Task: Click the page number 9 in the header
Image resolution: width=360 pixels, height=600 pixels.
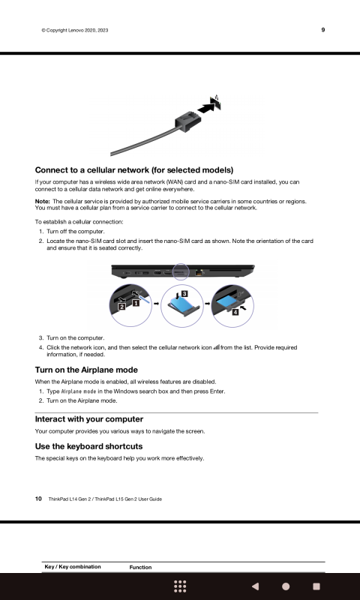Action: click(x=323, y=30)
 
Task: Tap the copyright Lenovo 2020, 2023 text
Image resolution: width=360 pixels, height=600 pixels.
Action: click(x=75, y=30)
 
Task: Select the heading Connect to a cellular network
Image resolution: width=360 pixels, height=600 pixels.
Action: click(x=134, y=170)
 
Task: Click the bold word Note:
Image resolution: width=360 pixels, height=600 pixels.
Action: click(x=43, y=201)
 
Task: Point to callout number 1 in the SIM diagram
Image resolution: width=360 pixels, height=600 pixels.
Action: click(x=135, y=304)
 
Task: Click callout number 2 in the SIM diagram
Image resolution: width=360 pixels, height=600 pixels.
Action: click(x=121, y=306)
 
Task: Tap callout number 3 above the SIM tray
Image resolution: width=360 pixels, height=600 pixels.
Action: click(x=184, y=294)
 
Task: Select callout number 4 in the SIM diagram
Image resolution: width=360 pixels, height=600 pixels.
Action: click(x=235, y=312)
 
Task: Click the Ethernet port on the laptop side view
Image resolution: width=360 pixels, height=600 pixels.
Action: click(x=199, y=273)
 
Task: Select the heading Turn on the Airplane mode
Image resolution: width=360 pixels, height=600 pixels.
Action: click(x=86, y=370)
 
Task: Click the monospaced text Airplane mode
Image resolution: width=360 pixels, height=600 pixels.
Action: click(x=79, y=391)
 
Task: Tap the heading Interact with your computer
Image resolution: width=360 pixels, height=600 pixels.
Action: click(x=89, y=419)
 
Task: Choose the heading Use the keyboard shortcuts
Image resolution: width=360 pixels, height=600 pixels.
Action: click(x=88, y=446)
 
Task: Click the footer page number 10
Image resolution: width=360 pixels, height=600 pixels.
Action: click(x=39, y=499)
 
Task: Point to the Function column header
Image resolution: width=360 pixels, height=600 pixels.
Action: click(x=140, y=568)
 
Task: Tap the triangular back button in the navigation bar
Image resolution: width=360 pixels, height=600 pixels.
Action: click(x=255, y=586)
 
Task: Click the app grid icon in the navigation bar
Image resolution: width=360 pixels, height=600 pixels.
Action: click(x=180, y=586)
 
